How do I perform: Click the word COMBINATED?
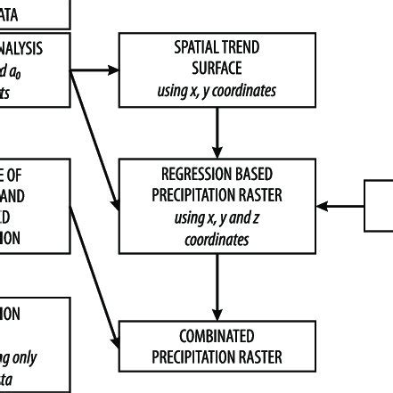217,338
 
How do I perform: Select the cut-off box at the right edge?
380,205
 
